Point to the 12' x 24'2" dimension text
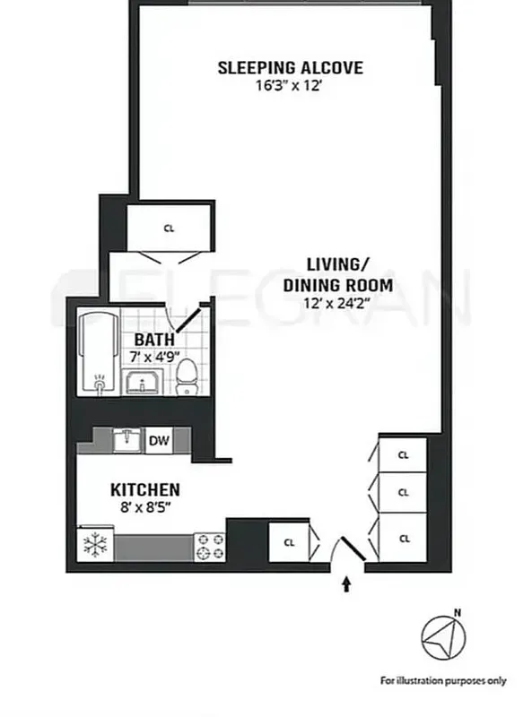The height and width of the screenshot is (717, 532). pyautogui.click(x=337, y=302)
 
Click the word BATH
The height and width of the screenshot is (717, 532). pyautogui.click(x=154, y=341)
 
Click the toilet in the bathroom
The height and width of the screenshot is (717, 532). pyautogui.click(x=187, y=376)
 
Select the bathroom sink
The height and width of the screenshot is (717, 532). pyautogui.click(x=143, y=384)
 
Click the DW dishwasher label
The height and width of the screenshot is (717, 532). pyautogui.click(x=159, y=440)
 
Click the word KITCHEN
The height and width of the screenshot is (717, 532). pyautogui.click(x=145, y=490)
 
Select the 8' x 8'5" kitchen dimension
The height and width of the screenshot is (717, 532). pyautogui.click(x=145, y=507)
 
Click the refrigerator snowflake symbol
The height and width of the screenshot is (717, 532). pyautogui.click(x=94, y=545)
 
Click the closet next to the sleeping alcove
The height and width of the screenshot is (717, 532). pyautogui.click(x=169, y=228)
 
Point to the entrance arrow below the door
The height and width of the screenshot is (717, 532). pyautogui.click(x=347, y=585)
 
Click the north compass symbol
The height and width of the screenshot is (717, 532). pyautogui.click(x=444, y=637)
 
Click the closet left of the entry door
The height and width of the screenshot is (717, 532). pyautogui.click(x=289, y=542)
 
